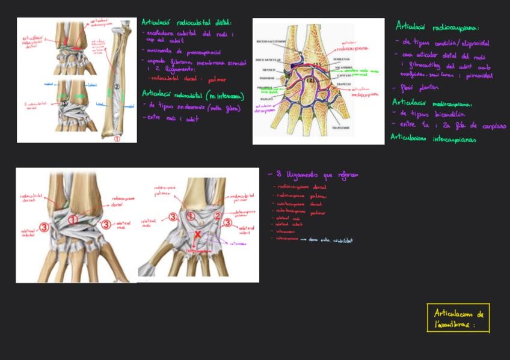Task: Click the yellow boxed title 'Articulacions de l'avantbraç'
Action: click(458, 319)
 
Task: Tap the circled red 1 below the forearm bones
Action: click(117, 138)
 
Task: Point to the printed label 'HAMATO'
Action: click(268, 97)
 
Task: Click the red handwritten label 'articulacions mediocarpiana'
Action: click(364, 91)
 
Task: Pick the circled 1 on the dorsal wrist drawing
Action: click(73, 220)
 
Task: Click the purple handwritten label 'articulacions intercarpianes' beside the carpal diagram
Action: click(265, 109)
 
